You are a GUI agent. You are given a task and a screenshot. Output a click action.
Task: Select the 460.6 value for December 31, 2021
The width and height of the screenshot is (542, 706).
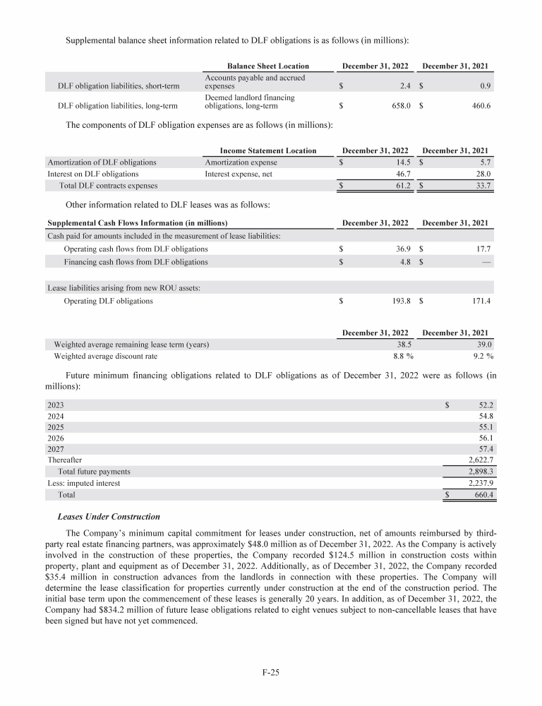pos(481,107)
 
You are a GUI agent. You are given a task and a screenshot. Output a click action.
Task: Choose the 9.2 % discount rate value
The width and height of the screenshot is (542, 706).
pos(481,356)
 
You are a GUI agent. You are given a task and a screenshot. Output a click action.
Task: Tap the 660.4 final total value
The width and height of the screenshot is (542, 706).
pos(481,495)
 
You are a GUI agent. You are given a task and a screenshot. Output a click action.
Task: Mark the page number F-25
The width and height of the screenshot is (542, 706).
pos(271,672)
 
